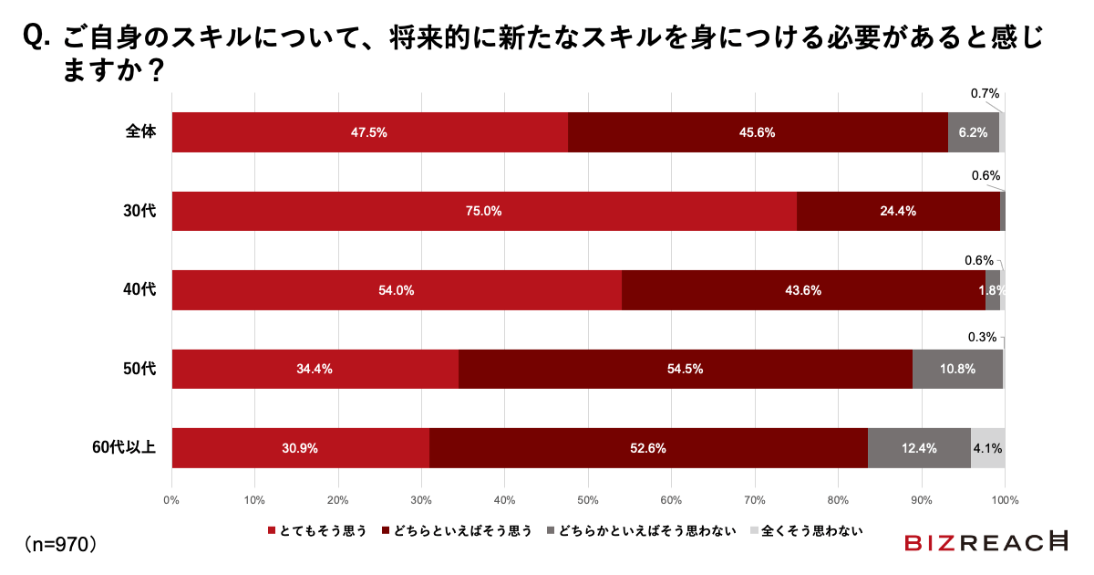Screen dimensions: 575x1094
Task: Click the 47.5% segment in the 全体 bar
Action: click(x=369, y=132)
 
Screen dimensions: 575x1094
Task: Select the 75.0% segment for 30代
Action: click(x=483, y=211)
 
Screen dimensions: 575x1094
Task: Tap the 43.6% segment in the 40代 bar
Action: click(x=803, y=290)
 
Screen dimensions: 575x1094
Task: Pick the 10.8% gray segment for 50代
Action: click(x=957, y=369)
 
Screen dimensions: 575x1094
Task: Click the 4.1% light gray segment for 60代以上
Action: click(x=988, y=448)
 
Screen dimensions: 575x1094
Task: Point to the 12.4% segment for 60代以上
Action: click(x=919, y=448)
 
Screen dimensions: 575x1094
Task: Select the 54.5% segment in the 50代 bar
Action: click(x=685, y=369)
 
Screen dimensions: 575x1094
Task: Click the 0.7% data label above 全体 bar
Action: click(x=985, y=93)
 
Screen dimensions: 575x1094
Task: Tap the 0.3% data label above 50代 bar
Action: click(x=982, y=337)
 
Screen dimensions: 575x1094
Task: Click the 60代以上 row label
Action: click(x=124, y=447)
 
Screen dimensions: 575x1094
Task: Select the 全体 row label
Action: click(x=140, y=131)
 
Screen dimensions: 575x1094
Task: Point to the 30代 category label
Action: click(x=140, y=211)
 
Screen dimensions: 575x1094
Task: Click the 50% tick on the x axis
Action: click(x=588, y=499)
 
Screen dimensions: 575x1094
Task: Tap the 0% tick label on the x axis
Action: click(x=171, y=499)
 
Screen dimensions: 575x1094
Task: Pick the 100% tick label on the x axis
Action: click(x=1005, y=499)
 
